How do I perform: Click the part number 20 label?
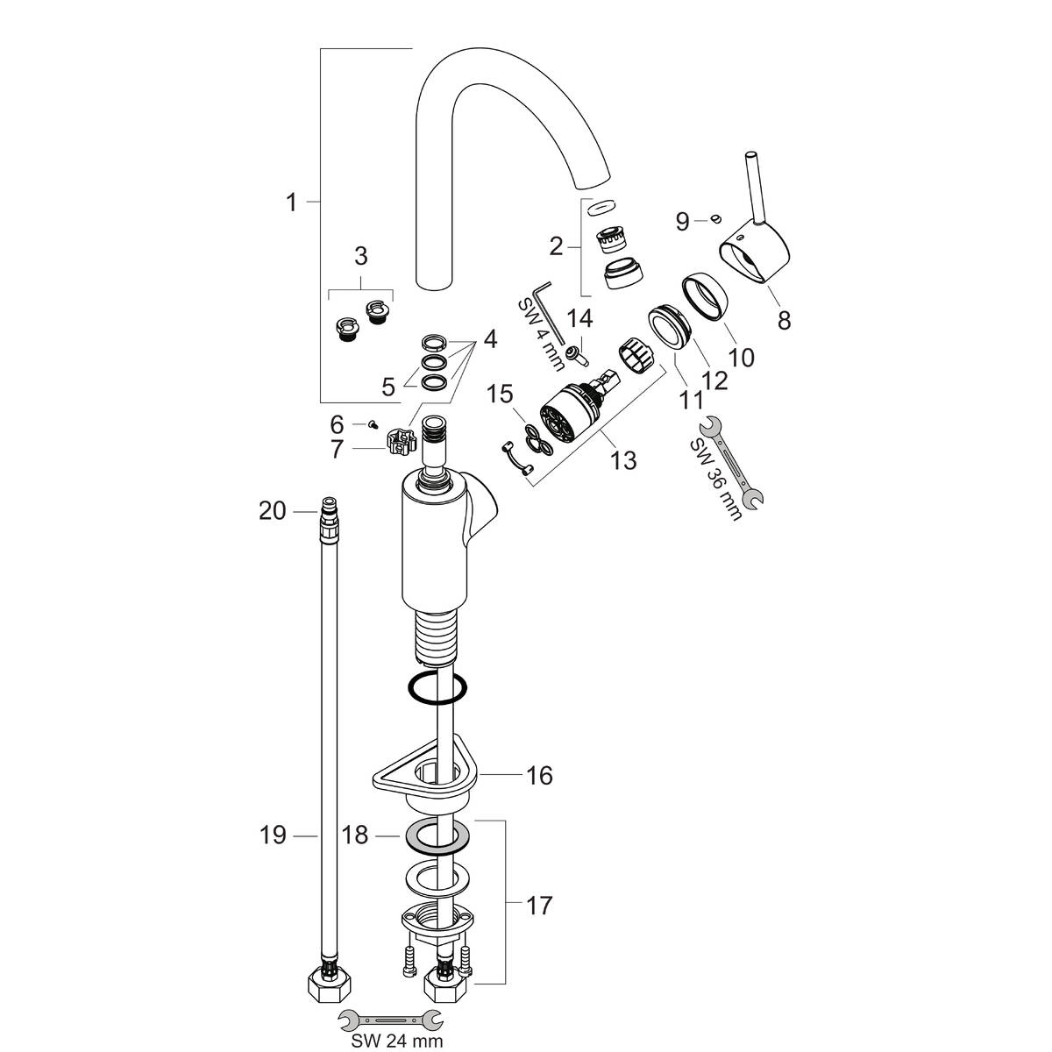273,510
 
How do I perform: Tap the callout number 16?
540,775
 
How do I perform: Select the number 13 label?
623,459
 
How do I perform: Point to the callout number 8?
784,321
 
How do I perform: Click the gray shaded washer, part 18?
436,839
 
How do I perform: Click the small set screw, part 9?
716,218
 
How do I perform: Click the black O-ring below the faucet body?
436,688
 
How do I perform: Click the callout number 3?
360,257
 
